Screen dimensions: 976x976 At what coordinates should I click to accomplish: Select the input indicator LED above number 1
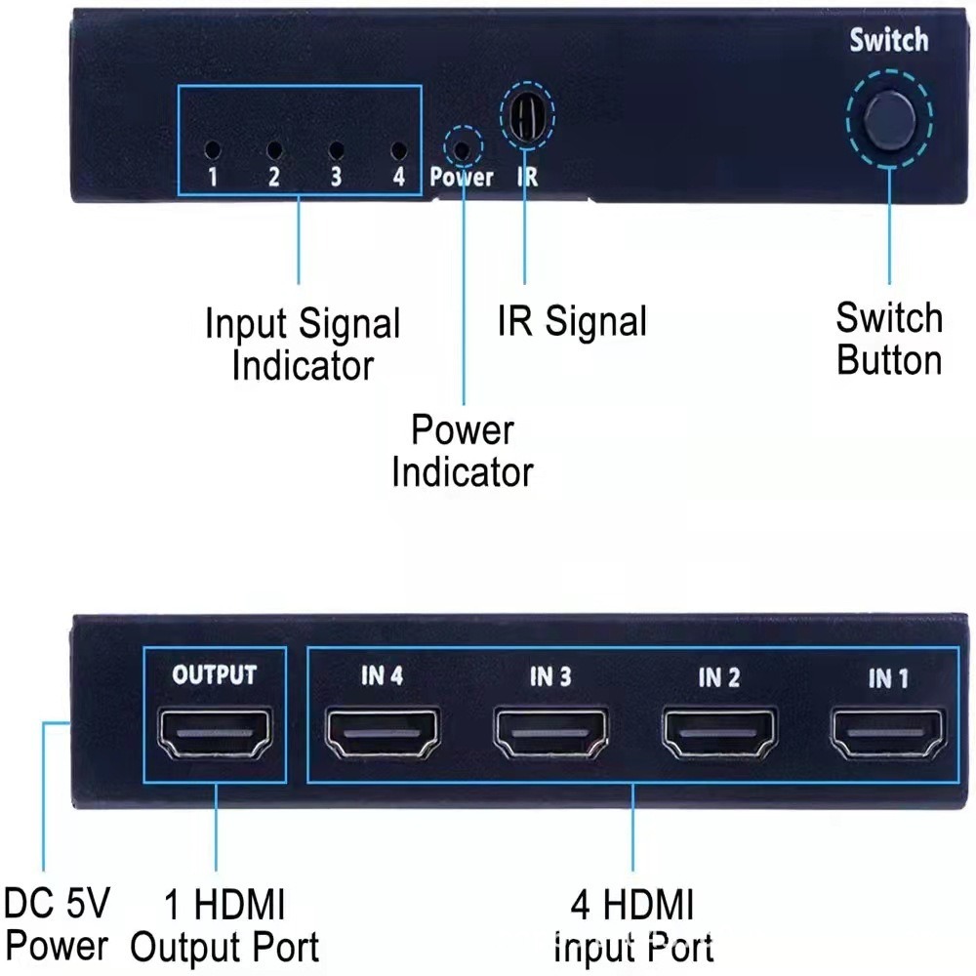click(x=212, y=151)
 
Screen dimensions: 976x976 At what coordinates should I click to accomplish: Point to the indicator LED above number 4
click(x=397, y=151)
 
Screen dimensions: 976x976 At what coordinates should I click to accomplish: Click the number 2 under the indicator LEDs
click(x=274, y=178)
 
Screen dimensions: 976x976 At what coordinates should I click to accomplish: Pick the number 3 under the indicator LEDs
click(x=336, y=178)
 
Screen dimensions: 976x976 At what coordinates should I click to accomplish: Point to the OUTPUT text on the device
click(x=215, y=675)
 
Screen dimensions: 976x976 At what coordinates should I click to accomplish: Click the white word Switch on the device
click(x=888, y=41)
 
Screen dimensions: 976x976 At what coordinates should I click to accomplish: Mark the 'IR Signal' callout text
click(x=572, y=321)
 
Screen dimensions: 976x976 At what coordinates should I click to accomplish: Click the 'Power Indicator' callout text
click(x=463, y=451)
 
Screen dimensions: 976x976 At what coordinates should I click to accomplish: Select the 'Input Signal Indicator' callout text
click(x=303, y=345)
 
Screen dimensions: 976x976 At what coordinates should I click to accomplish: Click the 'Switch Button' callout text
click(x=889, y=339)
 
